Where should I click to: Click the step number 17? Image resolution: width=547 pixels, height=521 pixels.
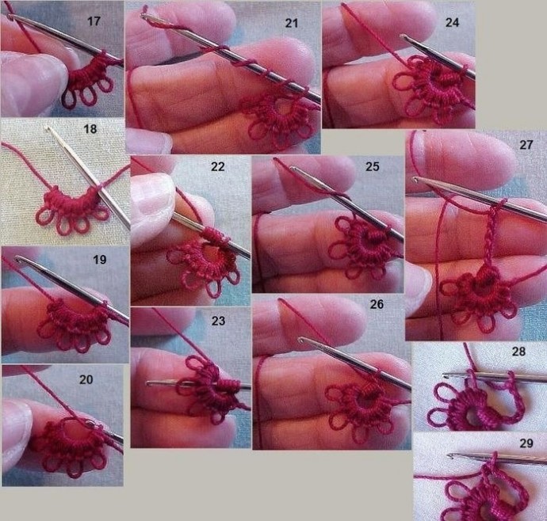(x=94, y=21)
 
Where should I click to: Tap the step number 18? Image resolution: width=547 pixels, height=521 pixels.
(x=90, y=129)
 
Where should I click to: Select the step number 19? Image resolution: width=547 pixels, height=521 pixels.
(x=99, y=260)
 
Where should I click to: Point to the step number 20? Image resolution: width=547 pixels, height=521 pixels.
(x=86, y=379)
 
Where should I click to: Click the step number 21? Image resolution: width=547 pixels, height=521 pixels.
(x=292, y=23)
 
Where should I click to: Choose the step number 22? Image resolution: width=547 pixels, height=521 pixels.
(x=218, y=166)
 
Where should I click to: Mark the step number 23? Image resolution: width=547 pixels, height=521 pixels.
(x=218, y=321)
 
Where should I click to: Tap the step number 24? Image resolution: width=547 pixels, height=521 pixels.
(x=452, y=23)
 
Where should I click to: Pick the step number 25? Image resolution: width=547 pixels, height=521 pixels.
(x=373, y=166)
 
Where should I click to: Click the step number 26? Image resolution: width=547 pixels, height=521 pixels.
(x=377, y=304)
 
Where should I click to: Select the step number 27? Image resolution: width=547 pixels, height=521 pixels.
(x=526, y=145)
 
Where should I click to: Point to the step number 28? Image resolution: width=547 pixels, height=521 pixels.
(x=518, y=352)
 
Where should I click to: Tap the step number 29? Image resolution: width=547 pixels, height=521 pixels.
(x=526, y=443)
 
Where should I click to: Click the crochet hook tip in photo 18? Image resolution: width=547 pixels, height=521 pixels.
(x=48, y=128)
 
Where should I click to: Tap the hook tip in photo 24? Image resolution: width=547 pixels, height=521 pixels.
(x=404, y=36)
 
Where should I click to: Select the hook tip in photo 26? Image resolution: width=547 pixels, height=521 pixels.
(x=300, y=340)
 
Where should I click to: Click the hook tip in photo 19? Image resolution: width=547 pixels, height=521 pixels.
(x=18, y=259)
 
